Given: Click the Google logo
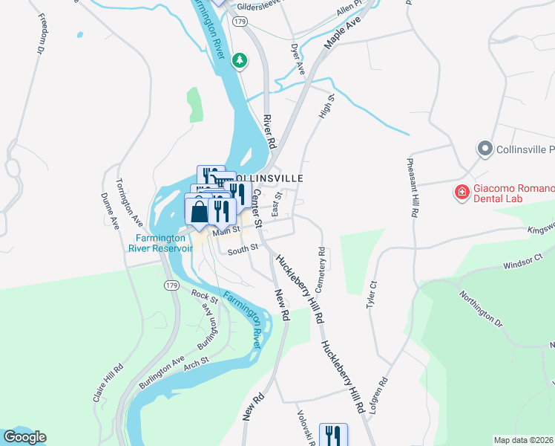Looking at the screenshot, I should (x=24, y=437).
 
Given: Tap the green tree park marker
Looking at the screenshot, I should (x=240, y=60).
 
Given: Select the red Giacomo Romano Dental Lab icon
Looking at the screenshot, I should (x=462, y=193).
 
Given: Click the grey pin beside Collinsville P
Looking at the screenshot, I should (x=485, y=149).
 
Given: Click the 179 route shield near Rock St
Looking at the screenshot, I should (x=171, y=285).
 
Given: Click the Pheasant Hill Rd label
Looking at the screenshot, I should (x=413, y=186).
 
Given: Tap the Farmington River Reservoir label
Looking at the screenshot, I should (x=163, y=243).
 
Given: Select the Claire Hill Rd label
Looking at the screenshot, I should (x=108, y=383).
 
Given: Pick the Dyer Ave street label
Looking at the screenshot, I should (x=298, y=58).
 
